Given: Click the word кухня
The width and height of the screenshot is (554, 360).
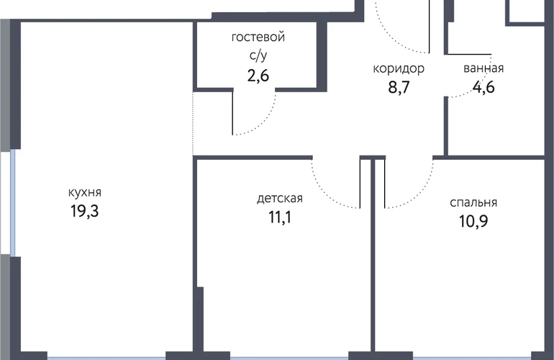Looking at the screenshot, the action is [85, 193].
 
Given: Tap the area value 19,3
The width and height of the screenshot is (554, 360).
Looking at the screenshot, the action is [85, 211].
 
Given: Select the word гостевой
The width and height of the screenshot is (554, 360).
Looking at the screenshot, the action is [258, 37].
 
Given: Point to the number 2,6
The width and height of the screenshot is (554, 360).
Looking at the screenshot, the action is [258, 76].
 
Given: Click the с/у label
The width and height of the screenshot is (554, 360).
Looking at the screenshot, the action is [258, 56].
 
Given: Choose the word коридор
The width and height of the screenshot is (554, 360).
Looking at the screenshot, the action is [399, 68].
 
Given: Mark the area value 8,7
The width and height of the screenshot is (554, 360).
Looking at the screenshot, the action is [399, 87].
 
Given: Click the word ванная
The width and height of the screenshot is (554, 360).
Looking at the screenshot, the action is [483, 68].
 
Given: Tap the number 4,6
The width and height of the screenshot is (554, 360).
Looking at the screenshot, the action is [483, 87].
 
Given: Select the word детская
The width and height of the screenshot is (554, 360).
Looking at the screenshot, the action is [280, 199].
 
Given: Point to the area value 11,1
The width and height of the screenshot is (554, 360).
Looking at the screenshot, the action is [280, 217].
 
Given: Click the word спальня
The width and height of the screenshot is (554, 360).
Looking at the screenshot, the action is [473, 202].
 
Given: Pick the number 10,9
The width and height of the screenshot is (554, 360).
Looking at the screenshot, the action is [473, 221].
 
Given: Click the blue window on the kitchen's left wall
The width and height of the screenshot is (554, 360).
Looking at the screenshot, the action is [13, 202].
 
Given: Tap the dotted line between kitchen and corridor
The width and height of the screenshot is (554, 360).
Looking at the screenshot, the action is [193, 123].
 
